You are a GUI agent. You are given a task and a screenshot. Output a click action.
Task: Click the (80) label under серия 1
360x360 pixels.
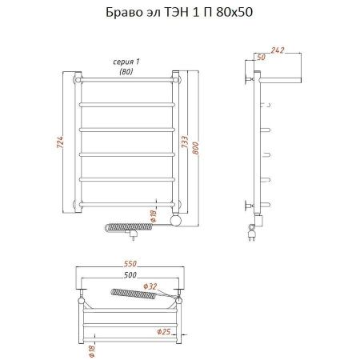point(126,72)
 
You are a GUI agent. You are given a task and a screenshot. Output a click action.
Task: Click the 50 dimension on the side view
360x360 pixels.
point(261,58)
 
